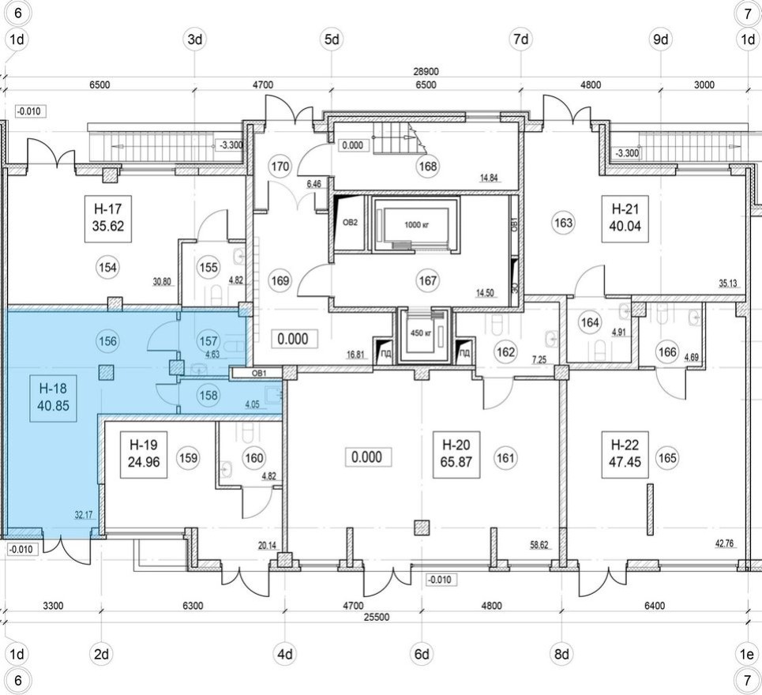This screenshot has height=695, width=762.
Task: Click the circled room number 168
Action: [428, 166]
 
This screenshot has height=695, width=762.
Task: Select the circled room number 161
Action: [506, 456]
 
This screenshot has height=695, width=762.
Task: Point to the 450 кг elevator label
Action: [418, 332]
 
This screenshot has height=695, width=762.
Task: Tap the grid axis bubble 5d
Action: [332, 39]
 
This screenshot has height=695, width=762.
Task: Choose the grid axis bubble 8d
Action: [561, 654]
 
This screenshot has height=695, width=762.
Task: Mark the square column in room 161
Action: [423, 527]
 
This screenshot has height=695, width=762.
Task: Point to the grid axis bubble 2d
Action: [101, 654]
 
